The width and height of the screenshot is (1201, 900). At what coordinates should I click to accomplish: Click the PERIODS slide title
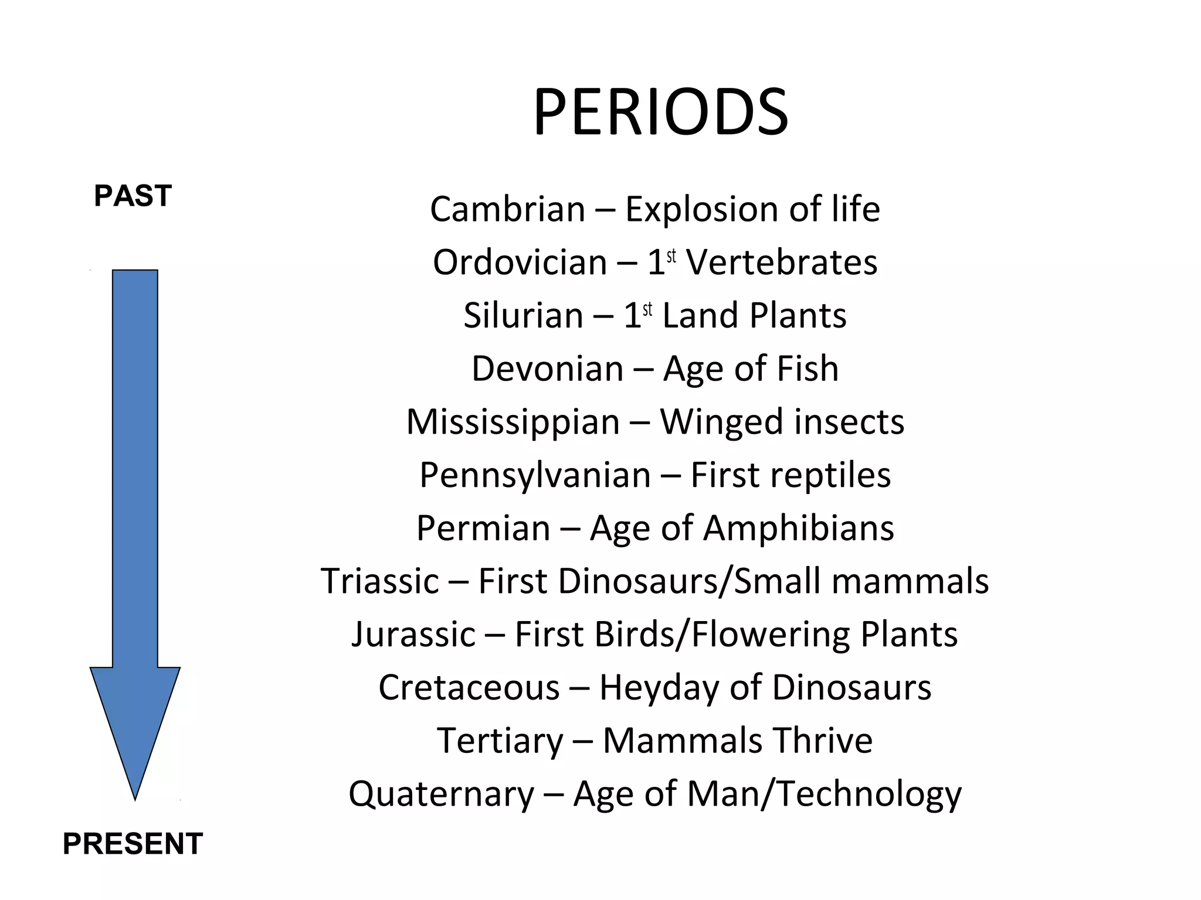(x=660, y=112)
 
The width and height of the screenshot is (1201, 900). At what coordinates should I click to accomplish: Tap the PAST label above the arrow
(x=133, y=196)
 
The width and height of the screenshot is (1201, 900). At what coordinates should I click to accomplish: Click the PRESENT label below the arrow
(x=133, y=844)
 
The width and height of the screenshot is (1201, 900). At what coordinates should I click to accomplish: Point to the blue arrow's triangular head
(x=135, y=721)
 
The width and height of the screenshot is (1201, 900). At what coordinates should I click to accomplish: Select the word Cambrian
(x=507, y=209)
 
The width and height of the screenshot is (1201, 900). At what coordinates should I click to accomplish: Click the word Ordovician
(x=520, y=262)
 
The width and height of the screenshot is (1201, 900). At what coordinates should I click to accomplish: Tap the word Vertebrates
(x=782, y=262)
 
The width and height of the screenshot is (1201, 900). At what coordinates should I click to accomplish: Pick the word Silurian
(x=523, y=315)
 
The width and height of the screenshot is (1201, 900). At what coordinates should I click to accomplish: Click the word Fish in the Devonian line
(x=808, y=369)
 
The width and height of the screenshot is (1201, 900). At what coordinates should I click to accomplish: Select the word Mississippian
(x=513, y=422)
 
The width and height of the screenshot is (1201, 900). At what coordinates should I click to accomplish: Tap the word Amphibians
(x=799, y=528)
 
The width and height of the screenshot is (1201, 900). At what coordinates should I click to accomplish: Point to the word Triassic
(x=380, y=581)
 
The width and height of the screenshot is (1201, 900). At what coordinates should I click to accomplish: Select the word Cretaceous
(x=469, y=687)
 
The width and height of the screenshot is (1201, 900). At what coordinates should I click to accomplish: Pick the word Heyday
(x=659, y=688)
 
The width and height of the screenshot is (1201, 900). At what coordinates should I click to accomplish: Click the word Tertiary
(x=500, y=741)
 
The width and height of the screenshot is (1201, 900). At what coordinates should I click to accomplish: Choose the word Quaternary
(x=441, y=794)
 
